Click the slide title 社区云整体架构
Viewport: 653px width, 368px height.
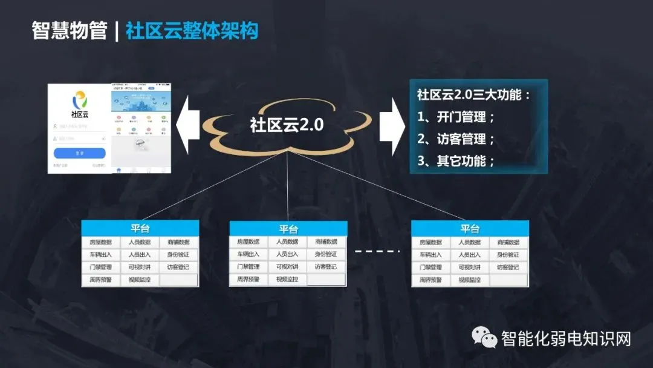pos(192,31)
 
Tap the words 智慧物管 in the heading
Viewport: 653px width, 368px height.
pos(69,31)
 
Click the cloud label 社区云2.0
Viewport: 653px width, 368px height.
pos(287,125)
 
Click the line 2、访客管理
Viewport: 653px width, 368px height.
pos(456,139)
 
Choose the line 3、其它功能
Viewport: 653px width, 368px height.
pos(456,161)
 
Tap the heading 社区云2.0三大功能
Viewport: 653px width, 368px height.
pos(473,95)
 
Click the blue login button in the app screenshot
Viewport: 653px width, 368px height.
pos(79,153)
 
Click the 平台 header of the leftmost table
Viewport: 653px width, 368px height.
pos(140,228)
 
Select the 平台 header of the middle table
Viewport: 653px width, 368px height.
pos(288,229)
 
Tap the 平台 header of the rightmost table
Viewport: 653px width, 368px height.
pos(470,228)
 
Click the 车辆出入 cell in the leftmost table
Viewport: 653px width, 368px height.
pos(101,255)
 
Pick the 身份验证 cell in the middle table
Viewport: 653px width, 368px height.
pos(326,254)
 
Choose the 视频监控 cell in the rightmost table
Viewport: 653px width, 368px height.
pos(470,280)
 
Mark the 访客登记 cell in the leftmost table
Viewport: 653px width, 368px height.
pos(178,267)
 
